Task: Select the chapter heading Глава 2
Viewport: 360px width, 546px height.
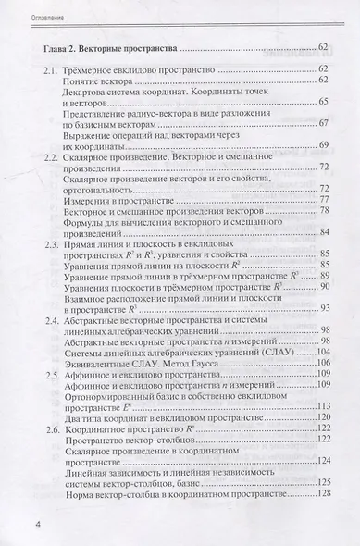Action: click(53, 46)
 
